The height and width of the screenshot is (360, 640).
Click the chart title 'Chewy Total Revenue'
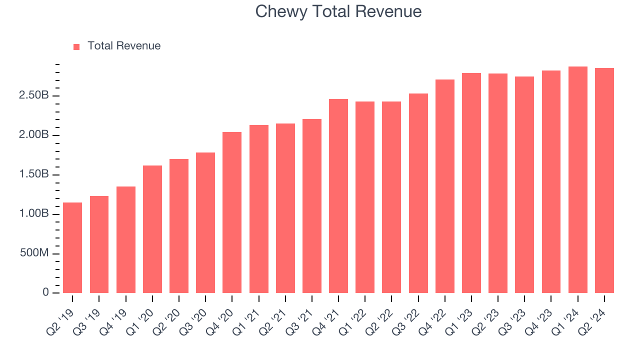pyautogui.click(x=338, y=11)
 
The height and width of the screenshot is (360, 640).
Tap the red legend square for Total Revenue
pyautogui.click(x=76, y=46)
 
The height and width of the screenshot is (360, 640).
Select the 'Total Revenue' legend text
pyautogui.click(x=124, y=46)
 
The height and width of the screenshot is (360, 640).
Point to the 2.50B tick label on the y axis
pyautogui.click(x=33, y=95)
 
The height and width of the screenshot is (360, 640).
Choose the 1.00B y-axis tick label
pyautogui.click(x=33, y=214)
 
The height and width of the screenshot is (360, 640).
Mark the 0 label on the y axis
pyautogui.click(x=45, y=292)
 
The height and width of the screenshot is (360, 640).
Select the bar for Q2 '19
pyautogui.click(x=72, y=247)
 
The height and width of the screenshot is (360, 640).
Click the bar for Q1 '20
pyautogui.click(x=152, y=229)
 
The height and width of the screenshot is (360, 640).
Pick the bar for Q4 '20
pyautogui.click(x=232, y=212)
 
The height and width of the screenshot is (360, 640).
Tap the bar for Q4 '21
pyautogui.click(x=338, y=196)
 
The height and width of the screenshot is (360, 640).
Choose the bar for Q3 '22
pyautogui.click(x=418, y=193)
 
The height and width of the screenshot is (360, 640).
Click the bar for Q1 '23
pyautogui.click(x=471, y=183)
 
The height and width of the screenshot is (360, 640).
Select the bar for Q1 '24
pyautogui.click(x=577, y=180)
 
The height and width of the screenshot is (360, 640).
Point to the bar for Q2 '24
pyautogui.click(x=604, y=180)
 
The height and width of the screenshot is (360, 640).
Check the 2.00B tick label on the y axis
pyautogui.click(x=33, y=135)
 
